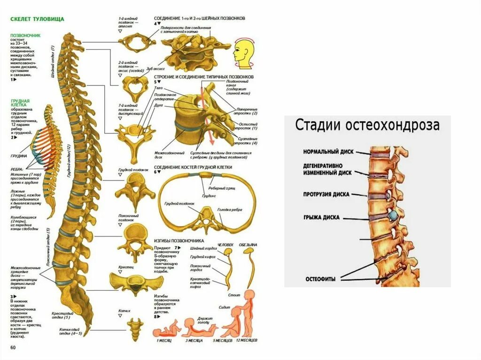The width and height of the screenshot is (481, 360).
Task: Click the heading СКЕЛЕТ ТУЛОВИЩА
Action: (37, 19)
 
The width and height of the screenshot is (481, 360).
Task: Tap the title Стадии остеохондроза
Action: (367, 125)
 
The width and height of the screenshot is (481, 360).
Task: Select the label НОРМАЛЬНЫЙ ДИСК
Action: (328, 152)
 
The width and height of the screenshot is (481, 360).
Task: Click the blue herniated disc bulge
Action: (392, 215)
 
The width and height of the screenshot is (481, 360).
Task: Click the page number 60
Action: (13, 347)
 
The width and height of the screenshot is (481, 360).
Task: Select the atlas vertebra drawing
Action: (137, 44)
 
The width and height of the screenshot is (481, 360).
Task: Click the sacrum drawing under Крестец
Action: (130, 283)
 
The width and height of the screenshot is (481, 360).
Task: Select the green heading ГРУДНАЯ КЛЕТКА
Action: (21, 103)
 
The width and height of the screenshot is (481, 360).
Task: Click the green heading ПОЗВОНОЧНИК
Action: (26, 35)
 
